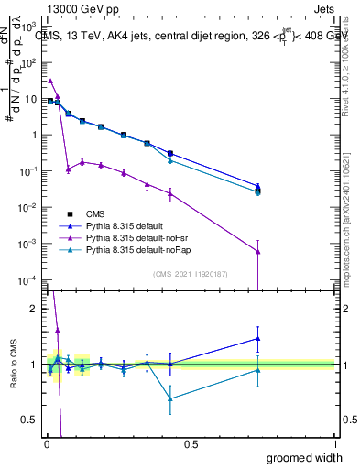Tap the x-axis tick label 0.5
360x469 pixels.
coord(191,445)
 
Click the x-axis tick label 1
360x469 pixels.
coord(333,445)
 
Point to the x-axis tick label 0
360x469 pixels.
coord(45,445)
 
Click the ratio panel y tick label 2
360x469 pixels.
coord(33,309)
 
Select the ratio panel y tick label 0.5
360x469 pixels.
coord(29,422)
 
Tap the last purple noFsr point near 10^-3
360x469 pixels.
coord(258,252)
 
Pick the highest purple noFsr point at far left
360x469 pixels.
coord(50,81)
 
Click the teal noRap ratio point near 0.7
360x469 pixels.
coord(170,398)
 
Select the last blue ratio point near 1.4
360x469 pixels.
coord(258,338)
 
